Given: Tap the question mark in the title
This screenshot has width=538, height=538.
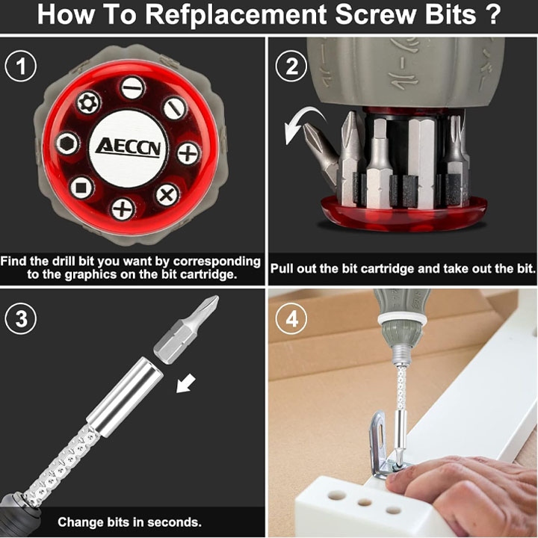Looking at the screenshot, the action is coord(493,13).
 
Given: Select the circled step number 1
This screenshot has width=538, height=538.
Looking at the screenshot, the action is coord(21,66).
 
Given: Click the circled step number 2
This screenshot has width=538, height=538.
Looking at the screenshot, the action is coord(291,66).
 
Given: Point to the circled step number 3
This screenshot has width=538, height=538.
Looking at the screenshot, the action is coord(21,318).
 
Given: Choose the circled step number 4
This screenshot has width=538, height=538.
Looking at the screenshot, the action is coord(291,318).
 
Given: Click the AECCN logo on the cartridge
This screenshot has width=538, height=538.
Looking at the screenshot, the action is coord(129,148).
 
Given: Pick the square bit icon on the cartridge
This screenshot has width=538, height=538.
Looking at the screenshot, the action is coord(81,188).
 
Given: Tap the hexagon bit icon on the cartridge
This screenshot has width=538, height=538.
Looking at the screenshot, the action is coord(67,143).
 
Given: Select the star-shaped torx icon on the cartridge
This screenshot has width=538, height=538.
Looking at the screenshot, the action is coord(88,102).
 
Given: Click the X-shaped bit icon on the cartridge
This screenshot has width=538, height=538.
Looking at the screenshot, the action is coord(167,195).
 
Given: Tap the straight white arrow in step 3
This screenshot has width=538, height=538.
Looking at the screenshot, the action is coord(186,383).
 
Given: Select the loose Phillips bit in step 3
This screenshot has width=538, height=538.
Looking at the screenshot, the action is coord(186,330).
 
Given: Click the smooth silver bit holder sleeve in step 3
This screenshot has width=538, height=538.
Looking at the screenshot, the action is coord(125,397).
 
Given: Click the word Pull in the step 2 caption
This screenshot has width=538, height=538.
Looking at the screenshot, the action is coord(282,268).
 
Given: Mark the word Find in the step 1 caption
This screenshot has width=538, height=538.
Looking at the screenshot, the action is coord(13,261).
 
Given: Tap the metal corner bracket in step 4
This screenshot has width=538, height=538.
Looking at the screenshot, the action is coord(381,446).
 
